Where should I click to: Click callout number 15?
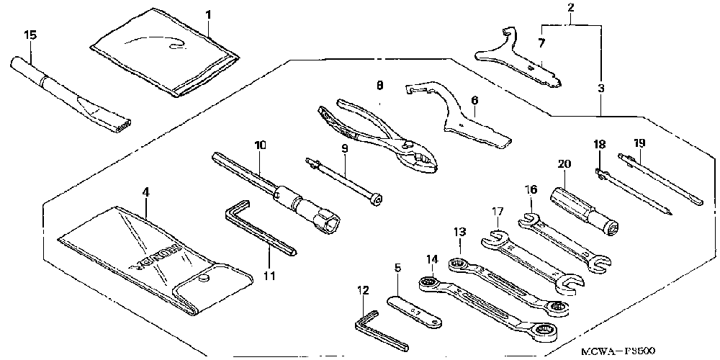(x=30, y=34)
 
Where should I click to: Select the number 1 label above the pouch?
(x=208, y=14)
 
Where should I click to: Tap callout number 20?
(x=564, y=164)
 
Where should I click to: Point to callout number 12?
(x=363, y=290)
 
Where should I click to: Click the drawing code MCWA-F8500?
(x=618, y=351)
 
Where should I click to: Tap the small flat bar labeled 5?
(x=414, y=310)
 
